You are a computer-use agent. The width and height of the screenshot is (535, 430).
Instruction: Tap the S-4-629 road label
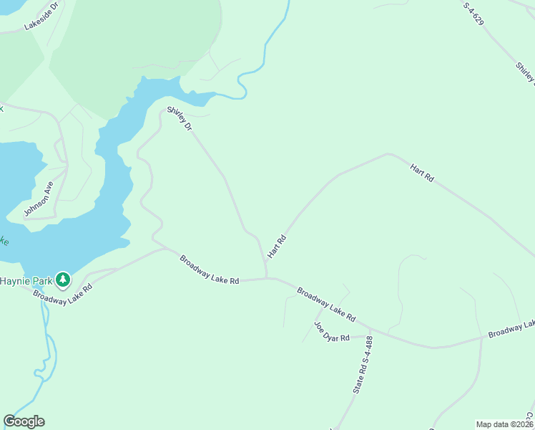[473, 14]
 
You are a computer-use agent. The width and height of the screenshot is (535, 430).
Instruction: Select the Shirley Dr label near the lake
[180, 118]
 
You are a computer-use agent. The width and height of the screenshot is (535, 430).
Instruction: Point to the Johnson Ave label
[39, 198]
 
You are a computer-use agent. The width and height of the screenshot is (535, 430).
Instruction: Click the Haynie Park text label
[27, 279]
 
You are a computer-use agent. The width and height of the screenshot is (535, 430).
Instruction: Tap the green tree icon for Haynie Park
[63, 279]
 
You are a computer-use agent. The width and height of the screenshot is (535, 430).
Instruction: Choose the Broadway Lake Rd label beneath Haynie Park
[63, 295]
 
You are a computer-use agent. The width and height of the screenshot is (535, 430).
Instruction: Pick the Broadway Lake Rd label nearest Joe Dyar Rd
[326, 305]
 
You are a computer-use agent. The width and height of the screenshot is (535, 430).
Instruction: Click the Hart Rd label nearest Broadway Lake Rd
[277, 247]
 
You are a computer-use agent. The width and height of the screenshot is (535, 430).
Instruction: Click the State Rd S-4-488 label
[363, 365]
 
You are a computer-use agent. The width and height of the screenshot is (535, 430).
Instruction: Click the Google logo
[24, 421]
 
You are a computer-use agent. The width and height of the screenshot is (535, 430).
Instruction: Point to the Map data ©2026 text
[504, 424]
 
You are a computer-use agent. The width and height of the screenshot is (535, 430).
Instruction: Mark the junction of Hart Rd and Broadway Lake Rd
[267, 278]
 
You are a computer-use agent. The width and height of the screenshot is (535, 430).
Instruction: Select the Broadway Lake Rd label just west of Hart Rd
[209, 270]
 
